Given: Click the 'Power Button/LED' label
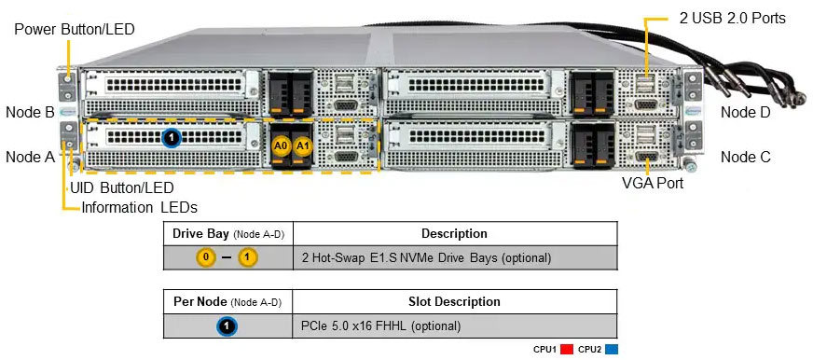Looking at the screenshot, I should pyautogui.click(x=75, y=29).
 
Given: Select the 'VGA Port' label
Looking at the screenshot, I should pyautogui.click(x=653, y=184).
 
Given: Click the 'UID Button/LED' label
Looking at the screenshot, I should pyautogui.click(x=122, y=187).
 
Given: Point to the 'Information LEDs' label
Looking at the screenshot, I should pyautogui.click(x=139, y=207).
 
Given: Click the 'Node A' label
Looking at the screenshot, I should pyautogui.click(x=30, y=157).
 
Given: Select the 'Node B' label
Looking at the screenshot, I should pyautogui.click(x=30, y=112).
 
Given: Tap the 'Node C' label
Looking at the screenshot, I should pyautogui.click(x=745, y=157).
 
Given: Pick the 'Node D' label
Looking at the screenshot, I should pyautogui.click(x=745, y=112).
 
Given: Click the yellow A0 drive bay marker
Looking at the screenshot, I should pyautogui.click(x=281, y=145).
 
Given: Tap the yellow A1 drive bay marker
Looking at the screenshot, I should pyautogui.click(x=302, y=145).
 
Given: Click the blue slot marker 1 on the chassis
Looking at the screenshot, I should pyautogui.click(x=170, y=139).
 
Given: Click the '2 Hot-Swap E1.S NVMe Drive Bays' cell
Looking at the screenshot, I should pyautogui.click(x=426, y=257).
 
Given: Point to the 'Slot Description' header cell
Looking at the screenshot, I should pyautogui.click(x=454, y=301).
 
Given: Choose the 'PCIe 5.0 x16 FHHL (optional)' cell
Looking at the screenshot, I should pyautogui.click(x=380, y=326).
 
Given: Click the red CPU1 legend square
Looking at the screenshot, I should pyautogui.click(x=566, y=350).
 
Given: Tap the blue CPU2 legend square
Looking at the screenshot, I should pyautogui.click(x=611, y=350).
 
